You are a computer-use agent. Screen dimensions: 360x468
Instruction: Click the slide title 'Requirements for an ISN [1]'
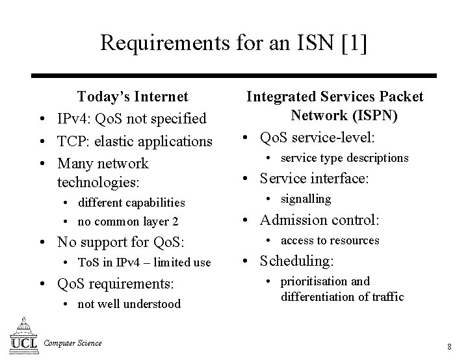point(233,43)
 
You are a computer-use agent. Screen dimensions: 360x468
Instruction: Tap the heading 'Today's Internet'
point(133,97)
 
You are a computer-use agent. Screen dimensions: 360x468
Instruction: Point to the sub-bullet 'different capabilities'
point(131,203)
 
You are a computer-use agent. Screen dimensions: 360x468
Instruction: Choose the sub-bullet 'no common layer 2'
point(127,222)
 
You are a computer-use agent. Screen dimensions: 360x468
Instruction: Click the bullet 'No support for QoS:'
point(121,243)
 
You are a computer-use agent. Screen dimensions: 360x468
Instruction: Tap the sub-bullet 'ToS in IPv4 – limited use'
point(144,263)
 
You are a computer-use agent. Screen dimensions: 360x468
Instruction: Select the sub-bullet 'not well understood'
point(129,304)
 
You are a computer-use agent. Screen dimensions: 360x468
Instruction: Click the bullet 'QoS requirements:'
point(116,283)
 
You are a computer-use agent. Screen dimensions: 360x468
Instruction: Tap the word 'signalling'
point(305,199)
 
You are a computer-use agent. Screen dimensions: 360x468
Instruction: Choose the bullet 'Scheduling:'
point(297,261)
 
